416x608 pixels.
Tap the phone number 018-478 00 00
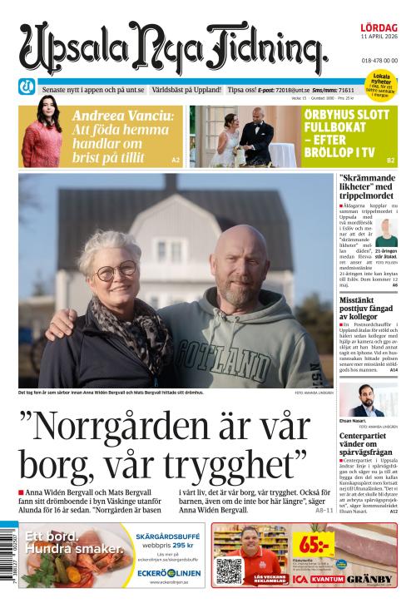click(379, 61)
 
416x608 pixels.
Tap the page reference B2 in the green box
click(390, 160)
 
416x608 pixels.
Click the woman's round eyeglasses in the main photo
click(116, 270)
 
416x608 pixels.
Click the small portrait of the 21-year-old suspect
click(386, 229)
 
